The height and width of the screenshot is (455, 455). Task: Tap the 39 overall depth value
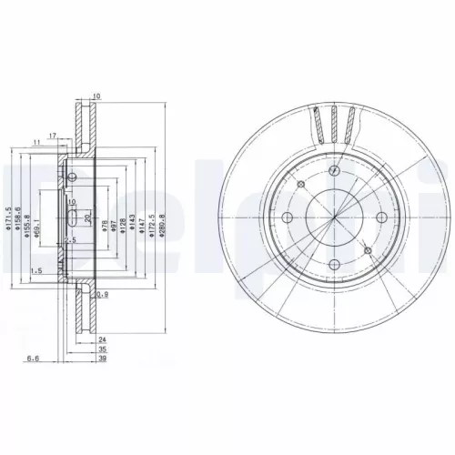point(103,359)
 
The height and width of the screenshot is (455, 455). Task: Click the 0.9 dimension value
point(103,294)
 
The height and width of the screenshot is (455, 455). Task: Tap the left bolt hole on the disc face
point(287,217)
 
